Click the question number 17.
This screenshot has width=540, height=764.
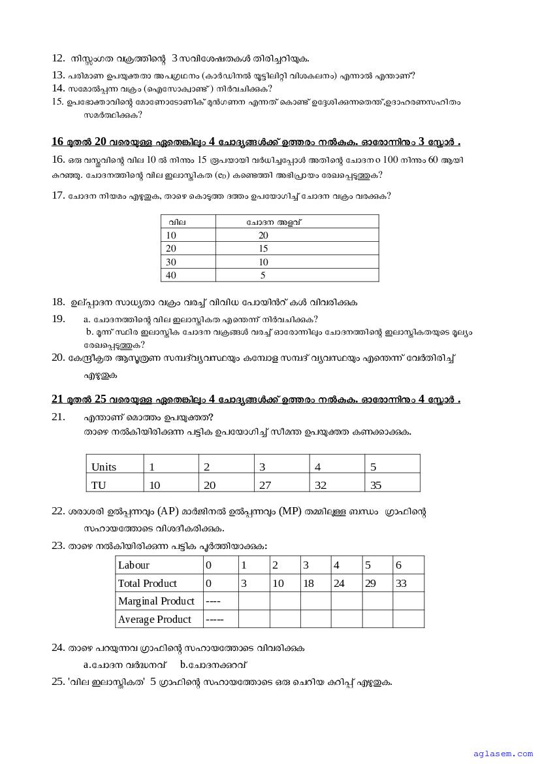57,195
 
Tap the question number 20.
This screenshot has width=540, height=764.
57,357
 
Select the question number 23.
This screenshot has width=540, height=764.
57,546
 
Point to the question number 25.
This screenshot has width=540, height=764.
57,682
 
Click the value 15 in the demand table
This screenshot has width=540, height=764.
263,248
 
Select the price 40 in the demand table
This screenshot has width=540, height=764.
171,275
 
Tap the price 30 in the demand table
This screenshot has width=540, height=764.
171,262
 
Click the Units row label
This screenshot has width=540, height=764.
104,467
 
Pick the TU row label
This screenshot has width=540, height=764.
99,485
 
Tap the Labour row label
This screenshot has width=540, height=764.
134,565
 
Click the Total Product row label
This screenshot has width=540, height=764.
148,583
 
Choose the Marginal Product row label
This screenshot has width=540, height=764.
156,601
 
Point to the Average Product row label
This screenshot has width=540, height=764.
155,620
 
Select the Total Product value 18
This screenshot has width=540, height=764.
309,583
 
